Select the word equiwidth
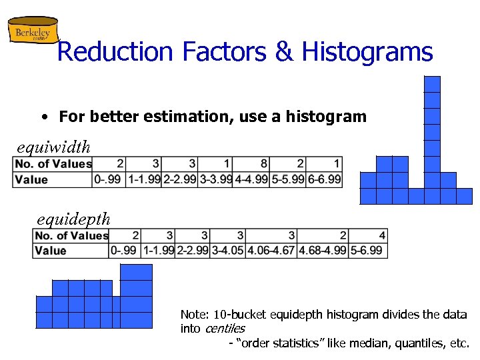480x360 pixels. [54, 145]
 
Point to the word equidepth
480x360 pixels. [74, 219]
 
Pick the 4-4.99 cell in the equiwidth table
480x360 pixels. [251, 179]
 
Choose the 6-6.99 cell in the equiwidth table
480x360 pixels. [324, 179]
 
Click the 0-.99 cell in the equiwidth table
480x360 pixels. [109, 179]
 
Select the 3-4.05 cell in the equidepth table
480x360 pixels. [227, 251]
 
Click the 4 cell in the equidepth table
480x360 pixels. [381, 235]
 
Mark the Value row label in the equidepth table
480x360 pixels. [51, 251]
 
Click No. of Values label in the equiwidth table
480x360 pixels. [53, 164]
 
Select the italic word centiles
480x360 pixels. [225, 329]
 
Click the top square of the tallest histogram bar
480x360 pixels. [433, 84]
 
